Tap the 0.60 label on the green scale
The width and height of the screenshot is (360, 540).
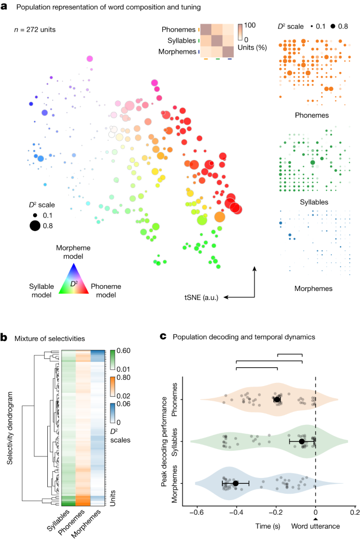pos(124,351)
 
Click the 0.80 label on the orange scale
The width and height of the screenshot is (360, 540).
pos(124,377)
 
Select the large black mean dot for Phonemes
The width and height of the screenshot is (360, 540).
pos(277,399)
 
